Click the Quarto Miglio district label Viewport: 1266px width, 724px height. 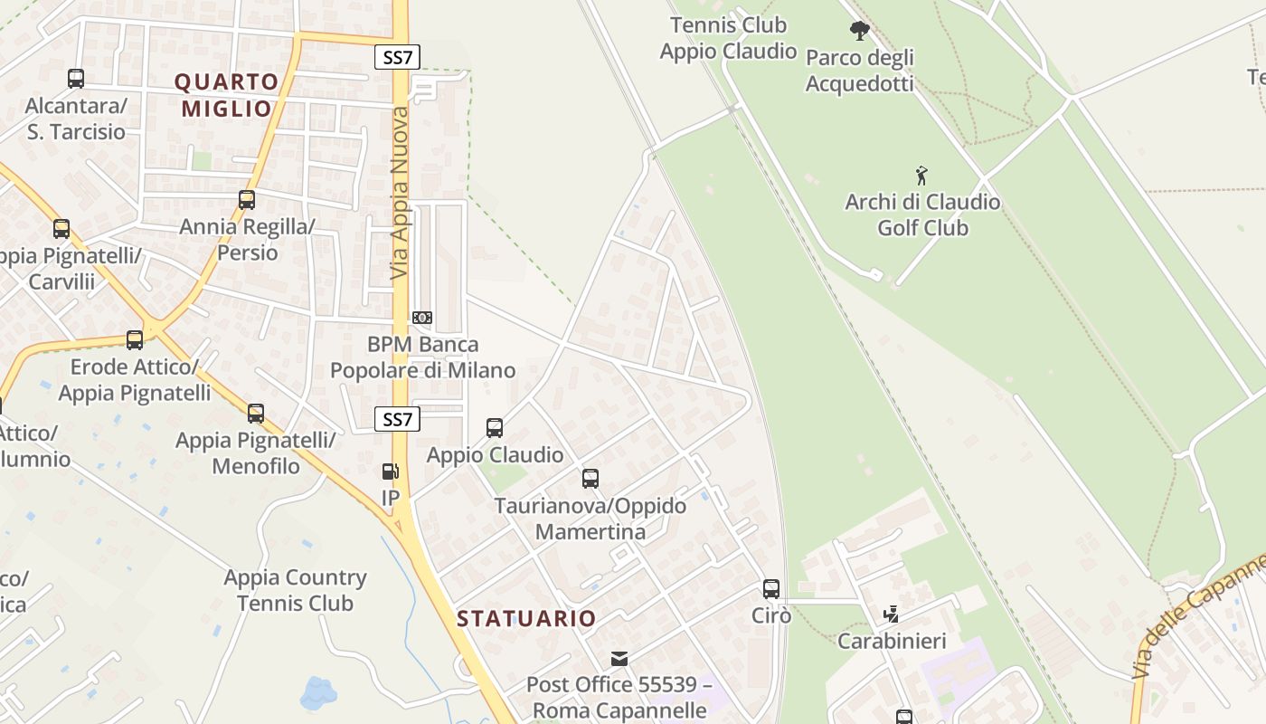tap(227, 95)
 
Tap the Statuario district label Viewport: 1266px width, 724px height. tap(526, 619)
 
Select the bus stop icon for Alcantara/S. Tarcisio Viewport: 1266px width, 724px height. tap(76, 79)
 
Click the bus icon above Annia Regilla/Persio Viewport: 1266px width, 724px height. tap(247, 200)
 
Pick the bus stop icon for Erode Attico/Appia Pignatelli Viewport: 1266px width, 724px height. tap(135, 340)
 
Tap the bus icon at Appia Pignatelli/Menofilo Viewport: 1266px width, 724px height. tap(256, 414)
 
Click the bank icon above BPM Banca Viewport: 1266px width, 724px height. tap(422, 318)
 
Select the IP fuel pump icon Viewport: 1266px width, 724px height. tap(391, 472)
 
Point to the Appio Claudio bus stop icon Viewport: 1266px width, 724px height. tap(495, 428)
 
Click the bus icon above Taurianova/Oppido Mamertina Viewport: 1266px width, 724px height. tap(590, 479)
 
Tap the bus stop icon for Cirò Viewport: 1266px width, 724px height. tap(771, 589)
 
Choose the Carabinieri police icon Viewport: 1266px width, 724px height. tap(892, 614)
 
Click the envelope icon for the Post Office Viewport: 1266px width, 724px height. tap(619, 658)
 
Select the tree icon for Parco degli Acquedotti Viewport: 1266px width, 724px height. tap(859, 31)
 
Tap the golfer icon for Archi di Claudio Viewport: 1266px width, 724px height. tap(921, 175)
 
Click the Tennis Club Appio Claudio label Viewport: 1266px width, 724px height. tap(728, 38)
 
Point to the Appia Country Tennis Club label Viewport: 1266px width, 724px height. tap(295, 590)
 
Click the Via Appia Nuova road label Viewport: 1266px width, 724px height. tap(400, 193)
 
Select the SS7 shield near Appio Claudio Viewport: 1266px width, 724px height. tap(398, 419)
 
